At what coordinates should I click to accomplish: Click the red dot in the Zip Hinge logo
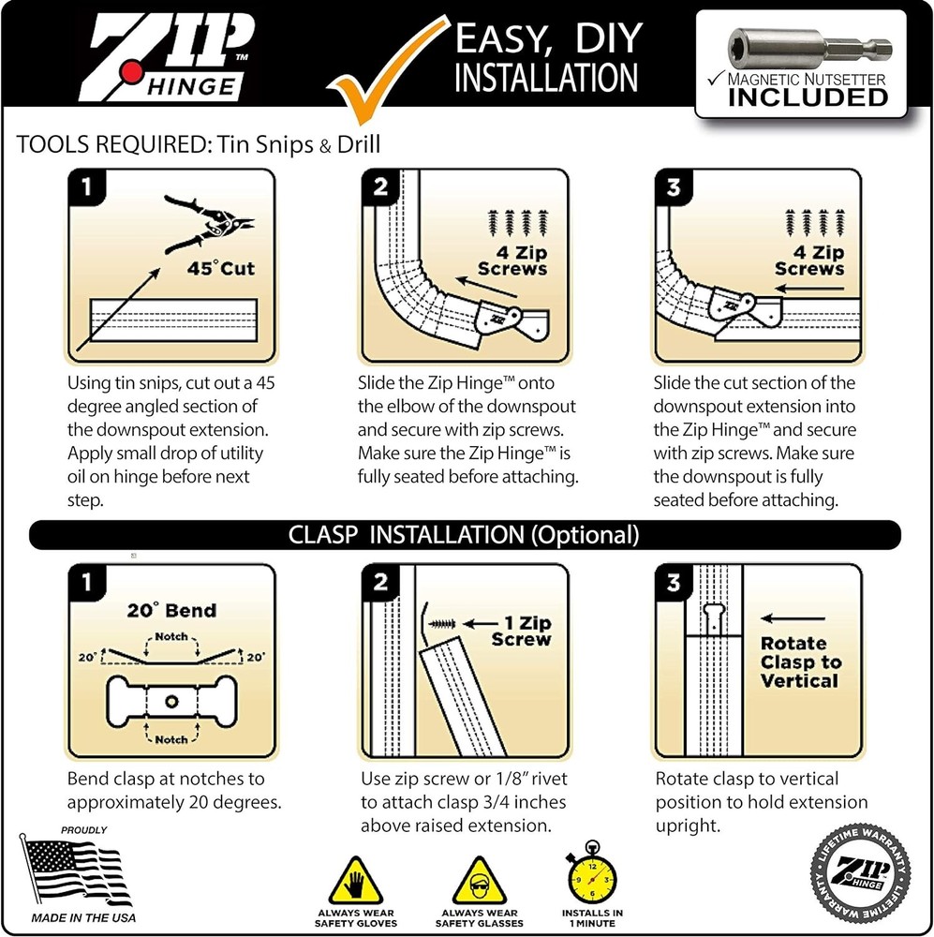[134, 71]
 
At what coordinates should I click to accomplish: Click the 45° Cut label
[220, 270]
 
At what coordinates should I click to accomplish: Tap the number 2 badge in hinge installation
[380, 187]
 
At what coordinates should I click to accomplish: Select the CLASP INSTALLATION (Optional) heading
[466, 535]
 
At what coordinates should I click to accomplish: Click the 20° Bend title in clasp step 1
[171, 611]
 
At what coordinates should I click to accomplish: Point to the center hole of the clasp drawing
[170, 700]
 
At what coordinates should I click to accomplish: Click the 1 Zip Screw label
[521, 630]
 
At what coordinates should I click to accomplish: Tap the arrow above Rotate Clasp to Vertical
[793, 618]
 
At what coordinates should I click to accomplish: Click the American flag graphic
[76, 870]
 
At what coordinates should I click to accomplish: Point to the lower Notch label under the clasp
[170, 739]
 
